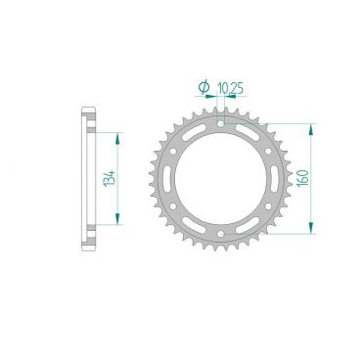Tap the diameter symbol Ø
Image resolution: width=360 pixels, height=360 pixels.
(202, 88)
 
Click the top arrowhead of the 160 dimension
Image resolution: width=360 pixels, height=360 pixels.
(312, 127)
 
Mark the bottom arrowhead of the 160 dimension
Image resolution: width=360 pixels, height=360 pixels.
(312, 231)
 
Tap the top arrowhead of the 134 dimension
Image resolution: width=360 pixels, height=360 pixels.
(119, 136)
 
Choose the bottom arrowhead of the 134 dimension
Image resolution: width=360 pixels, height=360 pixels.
(119, 221)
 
